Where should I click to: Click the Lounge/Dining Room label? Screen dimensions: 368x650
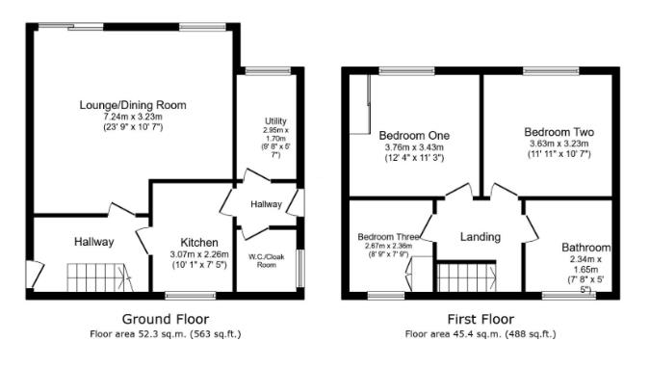(134, 104)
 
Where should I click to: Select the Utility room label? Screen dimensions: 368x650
(276, 120)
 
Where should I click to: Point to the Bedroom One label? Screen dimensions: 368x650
(414, 135)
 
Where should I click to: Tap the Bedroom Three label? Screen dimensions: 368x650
(388, 236)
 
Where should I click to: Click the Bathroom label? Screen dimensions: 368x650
(585, 248)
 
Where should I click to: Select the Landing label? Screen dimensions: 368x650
(480, 237)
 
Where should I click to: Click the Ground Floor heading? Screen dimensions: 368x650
(165, 319)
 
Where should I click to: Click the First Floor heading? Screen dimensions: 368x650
(481, 319)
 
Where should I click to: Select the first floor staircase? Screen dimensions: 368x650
(466, 278)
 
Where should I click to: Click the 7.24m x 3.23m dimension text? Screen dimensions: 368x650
(134, 116)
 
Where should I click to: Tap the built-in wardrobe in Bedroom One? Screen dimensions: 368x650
(367, 105)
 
